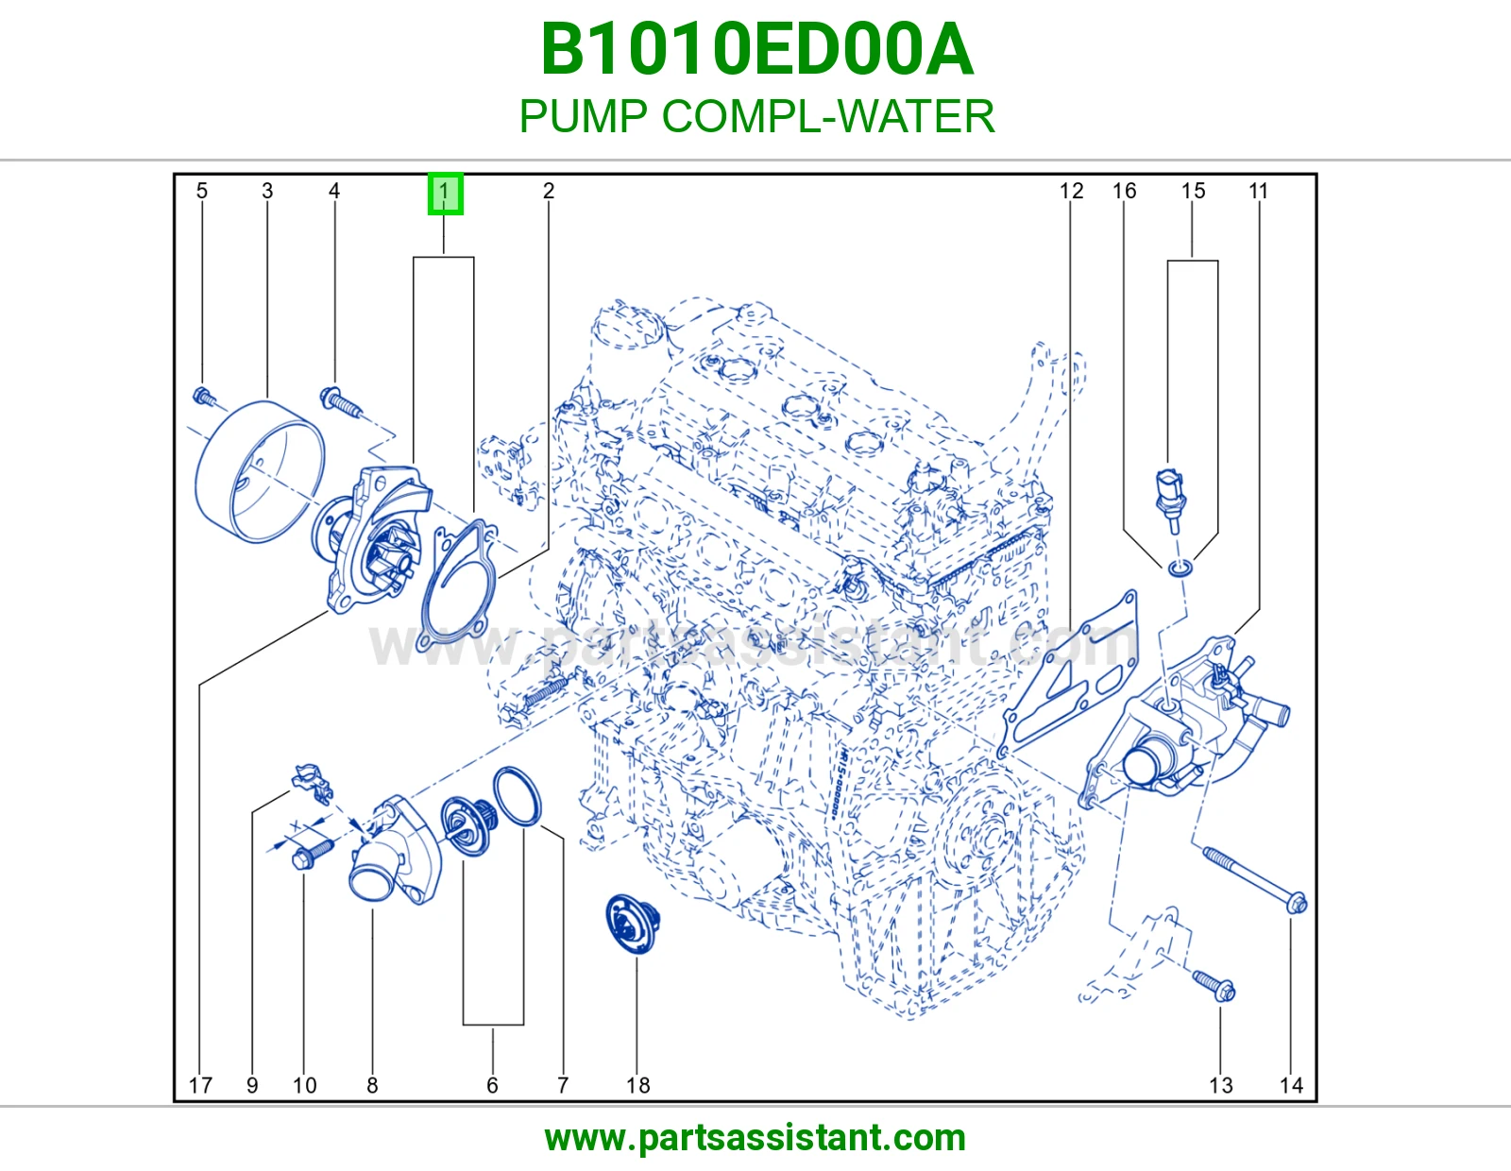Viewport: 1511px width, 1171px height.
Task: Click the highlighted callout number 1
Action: click(445, 194)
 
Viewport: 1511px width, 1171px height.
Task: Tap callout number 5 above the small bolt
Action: click(202, 191)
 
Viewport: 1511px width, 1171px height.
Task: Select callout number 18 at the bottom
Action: click(637, 1085)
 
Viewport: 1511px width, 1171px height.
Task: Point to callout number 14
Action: click(1291, 1085)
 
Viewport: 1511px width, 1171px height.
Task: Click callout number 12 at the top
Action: click(1071, 191)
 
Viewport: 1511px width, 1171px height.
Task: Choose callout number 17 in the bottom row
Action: click(200, 1085)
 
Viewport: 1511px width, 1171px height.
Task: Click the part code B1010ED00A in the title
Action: click(756, 50)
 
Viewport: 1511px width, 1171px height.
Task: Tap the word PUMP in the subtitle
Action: click(584, 116)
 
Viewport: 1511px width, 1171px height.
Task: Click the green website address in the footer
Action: click(755, 1139)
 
